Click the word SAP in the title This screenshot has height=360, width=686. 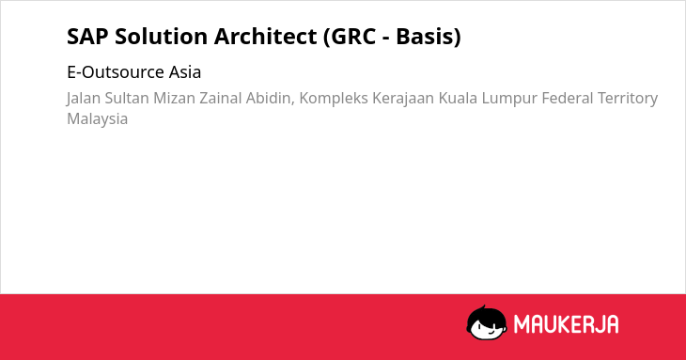click(87, 37)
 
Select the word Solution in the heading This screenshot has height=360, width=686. click(161, 37)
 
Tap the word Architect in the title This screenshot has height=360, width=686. click(265, 37)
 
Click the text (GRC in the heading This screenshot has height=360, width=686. click(350, 37)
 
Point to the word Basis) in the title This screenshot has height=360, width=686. click(429, 37)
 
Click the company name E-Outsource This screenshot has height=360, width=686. click(116, 72)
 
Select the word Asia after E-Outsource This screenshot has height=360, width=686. click(185, 72)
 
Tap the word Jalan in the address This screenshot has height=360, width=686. click(84, 99)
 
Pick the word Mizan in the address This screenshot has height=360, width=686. click(174, 99)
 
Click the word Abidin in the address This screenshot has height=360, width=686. click(271, 99)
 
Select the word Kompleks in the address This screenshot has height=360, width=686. click(334, 99)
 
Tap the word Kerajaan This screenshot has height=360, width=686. click(403, 99)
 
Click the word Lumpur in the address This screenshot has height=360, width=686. click(509, 99)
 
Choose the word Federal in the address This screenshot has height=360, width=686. click(567, 99)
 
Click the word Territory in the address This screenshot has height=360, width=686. click(628, 99)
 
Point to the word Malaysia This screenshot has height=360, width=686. click(97, 119)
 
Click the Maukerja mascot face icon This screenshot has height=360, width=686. click(487, 322)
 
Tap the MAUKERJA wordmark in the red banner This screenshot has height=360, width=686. click(566, 324)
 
